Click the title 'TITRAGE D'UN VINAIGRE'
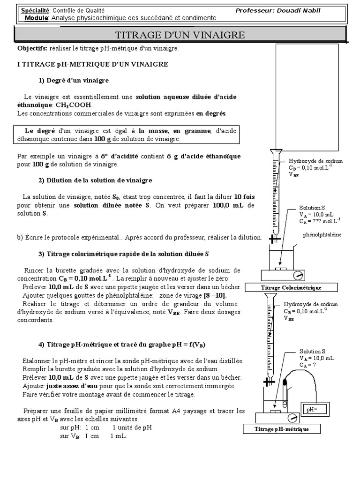(x=180, y=35)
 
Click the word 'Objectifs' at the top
(x=32, y=48)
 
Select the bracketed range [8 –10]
(x=215, y=295)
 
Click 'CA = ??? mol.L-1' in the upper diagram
(x=320, y=221)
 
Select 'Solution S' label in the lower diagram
(x=312, y=351)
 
